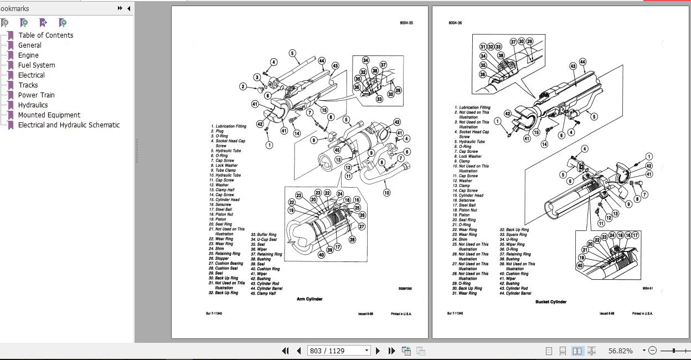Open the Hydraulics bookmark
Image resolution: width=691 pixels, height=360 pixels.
33,105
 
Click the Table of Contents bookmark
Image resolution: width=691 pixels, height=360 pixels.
45,35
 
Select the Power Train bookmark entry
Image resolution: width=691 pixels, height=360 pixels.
36,95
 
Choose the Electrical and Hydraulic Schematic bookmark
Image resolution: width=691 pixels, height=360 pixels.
69,125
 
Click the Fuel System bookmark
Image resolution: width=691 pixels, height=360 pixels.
36,65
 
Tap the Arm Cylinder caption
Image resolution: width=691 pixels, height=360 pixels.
310,299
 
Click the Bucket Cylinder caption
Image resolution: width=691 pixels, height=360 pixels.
551,302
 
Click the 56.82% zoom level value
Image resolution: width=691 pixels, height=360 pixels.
620,351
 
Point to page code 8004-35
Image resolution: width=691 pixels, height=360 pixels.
406,23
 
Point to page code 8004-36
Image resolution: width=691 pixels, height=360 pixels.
455,23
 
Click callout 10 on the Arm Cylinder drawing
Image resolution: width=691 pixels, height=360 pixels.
386,193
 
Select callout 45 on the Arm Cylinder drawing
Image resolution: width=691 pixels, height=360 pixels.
338,150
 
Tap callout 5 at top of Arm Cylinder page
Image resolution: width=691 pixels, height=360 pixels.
292,53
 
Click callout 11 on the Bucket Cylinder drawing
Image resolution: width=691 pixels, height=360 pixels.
601,224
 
